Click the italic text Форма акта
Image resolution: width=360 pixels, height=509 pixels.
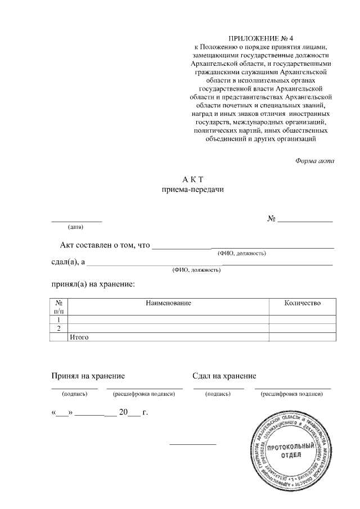(314, 161)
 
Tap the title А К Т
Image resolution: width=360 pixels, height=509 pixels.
(192, 179)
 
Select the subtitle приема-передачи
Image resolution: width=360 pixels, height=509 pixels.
(192, 190)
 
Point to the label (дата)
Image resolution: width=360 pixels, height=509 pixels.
(75, 227)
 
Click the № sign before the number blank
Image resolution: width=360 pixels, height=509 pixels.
(271, 218)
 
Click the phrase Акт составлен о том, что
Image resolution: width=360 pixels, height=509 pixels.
(106, 245)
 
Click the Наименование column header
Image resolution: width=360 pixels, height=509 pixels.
(168, 303)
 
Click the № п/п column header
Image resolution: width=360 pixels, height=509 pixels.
(58, 307)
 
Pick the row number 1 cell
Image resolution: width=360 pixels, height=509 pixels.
(58, 319)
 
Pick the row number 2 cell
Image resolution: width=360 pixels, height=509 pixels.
(58, 328)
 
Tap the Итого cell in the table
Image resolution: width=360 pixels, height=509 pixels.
(79, 337)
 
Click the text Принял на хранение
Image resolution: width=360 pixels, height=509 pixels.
(88, 376)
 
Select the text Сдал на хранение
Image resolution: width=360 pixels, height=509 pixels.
(224, 376)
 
